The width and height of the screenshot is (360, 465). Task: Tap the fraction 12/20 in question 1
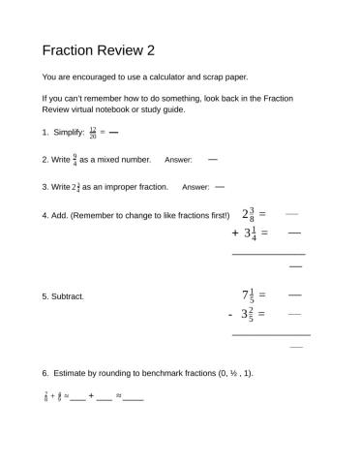point(93,131)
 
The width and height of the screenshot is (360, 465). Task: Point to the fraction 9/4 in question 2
point(75,159)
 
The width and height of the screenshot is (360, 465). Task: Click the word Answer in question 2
point(178,160)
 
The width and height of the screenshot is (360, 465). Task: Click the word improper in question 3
point(123,187)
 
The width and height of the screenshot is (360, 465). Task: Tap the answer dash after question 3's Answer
point(220,186)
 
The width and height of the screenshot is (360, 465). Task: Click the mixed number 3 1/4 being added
point(249,233)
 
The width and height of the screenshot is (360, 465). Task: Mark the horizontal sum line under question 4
point(268,254)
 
